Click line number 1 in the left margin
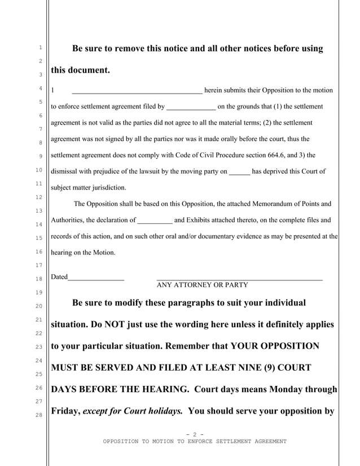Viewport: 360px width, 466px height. [x=40, y=49]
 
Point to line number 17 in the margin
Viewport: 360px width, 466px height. [x=40, y=265]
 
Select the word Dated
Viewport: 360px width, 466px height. [x=59, y=277]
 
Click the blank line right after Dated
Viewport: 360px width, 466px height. [x=95, y=278]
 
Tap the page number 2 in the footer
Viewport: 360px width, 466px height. [x=194, y=434]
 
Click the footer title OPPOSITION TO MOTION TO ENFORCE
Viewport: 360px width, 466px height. [x=195, y=441]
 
